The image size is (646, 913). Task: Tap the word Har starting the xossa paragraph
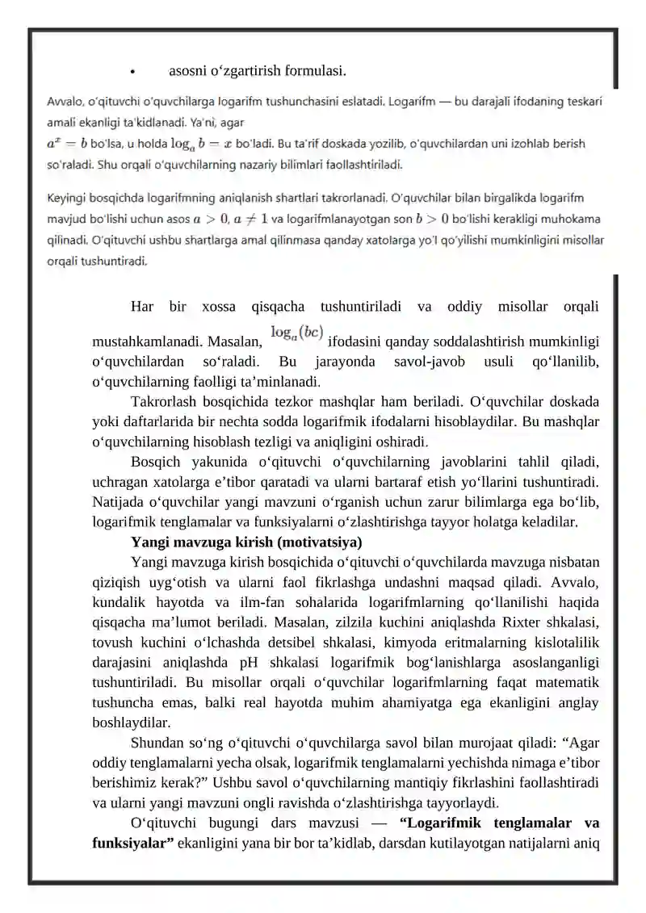coord(141,306)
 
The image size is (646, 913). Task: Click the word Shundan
coord(153,743)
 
